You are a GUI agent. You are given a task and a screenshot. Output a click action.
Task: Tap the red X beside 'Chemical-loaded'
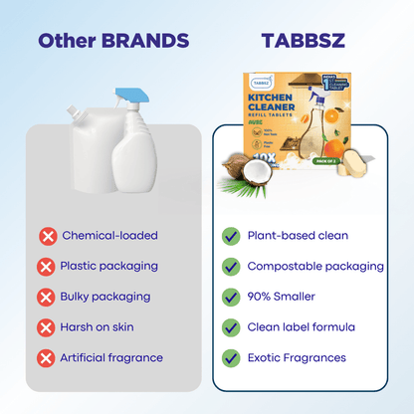pos(47,236)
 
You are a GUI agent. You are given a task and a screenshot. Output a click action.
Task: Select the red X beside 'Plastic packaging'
pos(47,267)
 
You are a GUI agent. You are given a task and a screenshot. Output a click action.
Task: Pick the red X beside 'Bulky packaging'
pos(47,297)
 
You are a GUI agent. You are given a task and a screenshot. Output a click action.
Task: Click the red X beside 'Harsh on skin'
pos(47,327)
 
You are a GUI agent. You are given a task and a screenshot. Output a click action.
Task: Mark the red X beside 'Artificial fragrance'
pos(47,357)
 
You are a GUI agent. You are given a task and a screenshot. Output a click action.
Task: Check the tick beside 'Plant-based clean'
pos(231,236)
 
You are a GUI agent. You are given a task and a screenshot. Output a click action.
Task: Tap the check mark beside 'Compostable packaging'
pos(231,267)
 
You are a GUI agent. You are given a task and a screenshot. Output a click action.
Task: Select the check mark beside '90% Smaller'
pos(231,297)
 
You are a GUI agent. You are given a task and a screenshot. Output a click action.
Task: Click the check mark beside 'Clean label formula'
pos(231,327)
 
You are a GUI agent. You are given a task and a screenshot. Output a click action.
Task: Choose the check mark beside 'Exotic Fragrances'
pos(231,357)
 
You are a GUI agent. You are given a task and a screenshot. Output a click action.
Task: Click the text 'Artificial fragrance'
pos(112,357)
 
